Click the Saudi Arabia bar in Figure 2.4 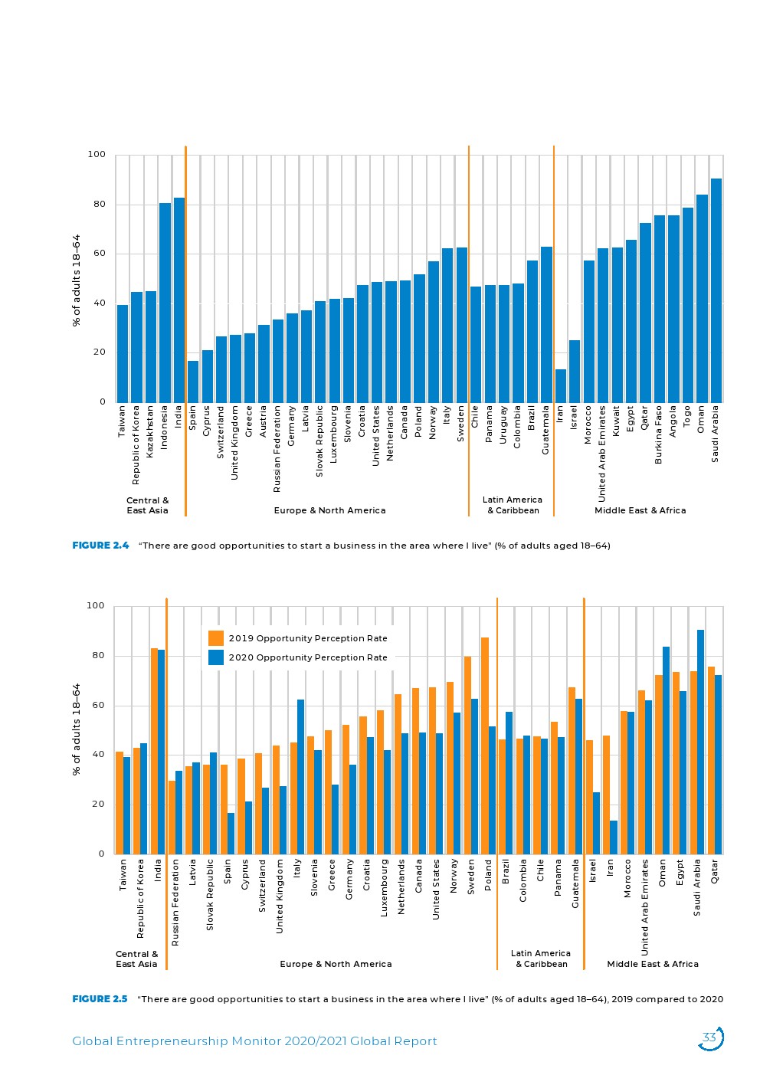tap(716, 291)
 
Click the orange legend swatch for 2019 tap(216, 638)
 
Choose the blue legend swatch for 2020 tap(216, 657)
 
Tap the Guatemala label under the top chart tap(545, 431)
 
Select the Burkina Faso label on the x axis tap(659, 435)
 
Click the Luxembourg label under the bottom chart tap(385, 888)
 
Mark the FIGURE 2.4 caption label tap(100, 546)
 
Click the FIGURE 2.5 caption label tap(100, 999)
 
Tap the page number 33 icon tap(710, 1038)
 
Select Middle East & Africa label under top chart tap(640, 510)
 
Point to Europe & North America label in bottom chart tap(336, 964)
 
